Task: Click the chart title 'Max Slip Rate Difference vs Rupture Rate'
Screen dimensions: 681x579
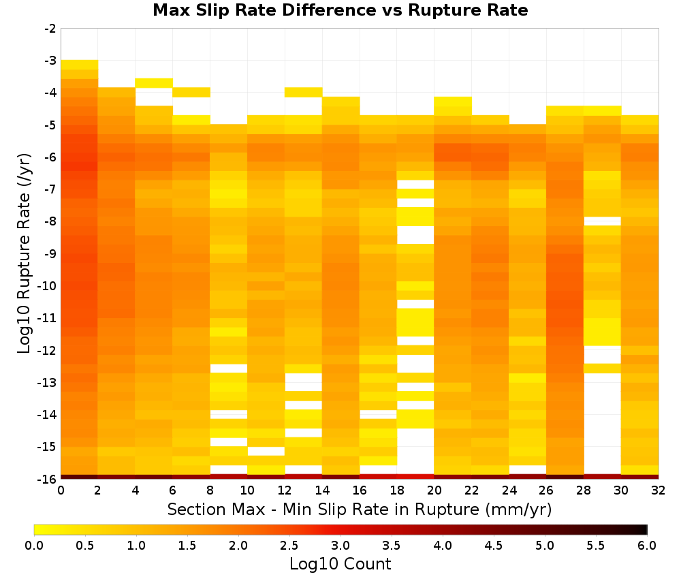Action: click(x=340, y=10)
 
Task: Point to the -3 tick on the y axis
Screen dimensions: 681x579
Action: click(x=50, y=61)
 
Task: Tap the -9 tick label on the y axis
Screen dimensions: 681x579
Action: click(x=50, y=253)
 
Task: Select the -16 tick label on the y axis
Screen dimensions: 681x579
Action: click(x=48, y=479)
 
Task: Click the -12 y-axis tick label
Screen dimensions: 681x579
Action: click(x=48, y=350)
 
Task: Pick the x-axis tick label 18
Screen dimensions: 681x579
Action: click(x=396, y=490)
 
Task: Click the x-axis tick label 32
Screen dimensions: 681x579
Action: click(x=659, y=490)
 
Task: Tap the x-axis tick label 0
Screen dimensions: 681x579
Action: click(x=61, y=490)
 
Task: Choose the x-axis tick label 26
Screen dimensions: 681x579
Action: click(x=546, y=490)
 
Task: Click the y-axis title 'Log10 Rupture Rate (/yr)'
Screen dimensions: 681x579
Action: click(x=24, y=253)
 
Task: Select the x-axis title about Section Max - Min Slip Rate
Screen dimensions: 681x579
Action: click(x=360, y=510)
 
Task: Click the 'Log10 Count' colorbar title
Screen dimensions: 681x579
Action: click(x=340, y=564)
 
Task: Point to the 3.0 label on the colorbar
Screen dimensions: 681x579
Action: click(x=340, y=546)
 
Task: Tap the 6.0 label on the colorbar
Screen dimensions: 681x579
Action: click(x=647, y=546)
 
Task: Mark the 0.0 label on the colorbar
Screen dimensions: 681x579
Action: click(x=34, y=546)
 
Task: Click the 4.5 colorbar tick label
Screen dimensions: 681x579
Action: click(x=493, y=546)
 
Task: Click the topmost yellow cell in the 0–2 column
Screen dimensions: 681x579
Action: click(x=80, y=65)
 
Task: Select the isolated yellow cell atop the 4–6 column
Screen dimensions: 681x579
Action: click(x=154, y=83)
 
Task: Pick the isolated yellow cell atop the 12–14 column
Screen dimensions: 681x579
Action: click(x=304, y=92)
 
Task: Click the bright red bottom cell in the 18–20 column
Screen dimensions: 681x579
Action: click(x=415, y=477)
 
